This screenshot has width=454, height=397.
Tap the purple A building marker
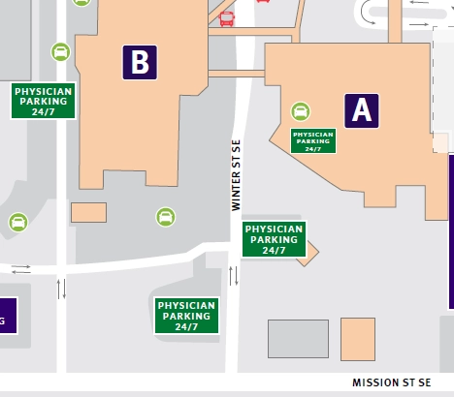[x=361, y=110]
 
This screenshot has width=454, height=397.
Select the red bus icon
[x=226, y=18]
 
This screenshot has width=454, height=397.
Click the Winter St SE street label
[x=235, y=175]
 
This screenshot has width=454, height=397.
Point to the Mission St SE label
[x=391, y=383]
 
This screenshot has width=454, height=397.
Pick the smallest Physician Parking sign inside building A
[x=313, y=141]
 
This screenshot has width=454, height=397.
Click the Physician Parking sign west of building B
[x=44, y=101]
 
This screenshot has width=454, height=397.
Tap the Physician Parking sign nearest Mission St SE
[x=186, y=316]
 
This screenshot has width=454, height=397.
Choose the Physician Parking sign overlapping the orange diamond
[x=275, y=239]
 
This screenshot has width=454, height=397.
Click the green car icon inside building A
[x=301, y=111]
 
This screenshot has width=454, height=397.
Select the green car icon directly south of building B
[x=166, y=216]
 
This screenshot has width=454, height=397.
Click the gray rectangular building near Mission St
[x=298, y=338]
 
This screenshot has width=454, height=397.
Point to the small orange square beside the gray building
[x=357, y=338]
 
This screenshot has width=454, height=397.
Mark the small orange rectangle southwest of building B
[x=88, y=212]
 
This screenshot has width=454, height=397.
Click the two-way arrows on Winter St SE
[x=233, y=275]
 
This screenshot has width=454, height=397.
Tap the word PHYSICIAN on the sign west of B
[x=44, y=91]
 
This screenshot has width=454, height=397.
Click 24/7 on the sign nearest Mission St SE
[x=186, y=327]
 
